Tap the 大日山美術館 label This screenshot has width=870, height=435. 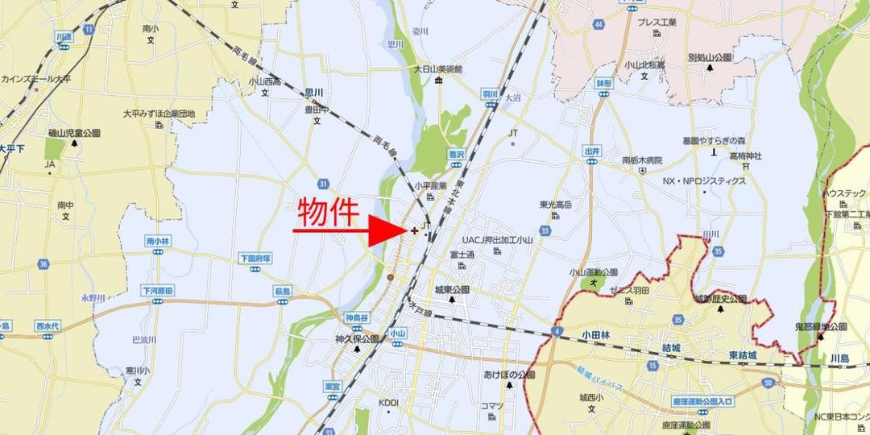pos(438,69)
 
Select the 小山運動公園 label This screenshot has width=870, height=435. pos(593,272)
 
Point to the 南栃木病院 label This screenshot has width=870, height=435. pos(641,160)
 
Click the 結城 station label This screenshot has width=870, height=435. pos(671,347)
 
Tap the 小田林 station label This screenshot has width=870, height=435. pos(594,333)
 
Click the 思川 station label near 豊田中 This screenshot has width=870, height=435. pos(314,93)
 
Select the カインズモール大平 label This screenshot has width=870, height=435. pos(36,78)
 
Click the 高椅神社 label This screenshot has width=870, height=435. pos(745,155)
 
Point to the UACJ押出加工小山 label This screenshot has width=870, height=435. pos(497,240)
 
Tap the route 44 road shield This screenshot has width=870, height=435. pos(599,25)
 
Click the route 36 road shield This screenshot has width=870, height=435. pos(43,263)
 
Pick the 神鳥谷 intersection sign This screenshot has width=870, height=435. pos(356,317)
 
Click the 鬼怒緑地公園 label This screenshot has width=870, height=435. pos(821,326)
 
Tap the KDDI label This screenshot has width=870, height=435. pos(389,402)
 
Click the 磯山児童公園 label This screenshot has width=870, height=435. pos(73,132)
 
